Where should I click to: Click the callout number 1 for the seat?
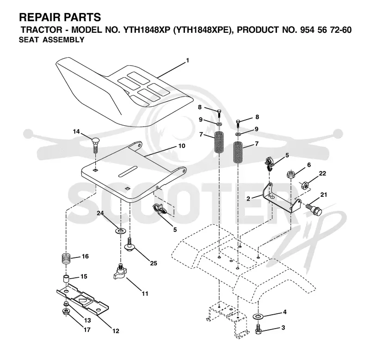[x=188, y=61]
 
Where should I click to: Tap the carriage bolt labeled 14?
[x=95, y=145]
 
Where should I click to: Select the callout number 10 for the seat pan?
[x=182, y=146]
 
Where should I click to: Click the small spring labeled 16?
[x=66, y=259]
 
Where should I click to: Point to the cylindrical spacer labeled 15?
[x=66, y=279]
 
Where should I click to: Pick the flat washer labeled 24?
[x=121, y=231]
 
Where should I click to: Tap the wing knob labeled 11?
[x=120, y=272]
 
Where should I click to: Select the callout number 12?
[x=116, y=331]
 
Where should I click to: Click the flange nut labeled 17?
[x=65, y=312]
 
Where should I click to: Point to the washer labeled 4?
[x=258, y=316]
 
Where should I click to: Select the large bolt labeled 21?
[x=314, y=209]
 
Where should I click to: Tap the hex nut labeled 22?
[x=305, y=185]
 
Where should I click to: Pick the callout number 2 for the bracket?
[x=248, y=199]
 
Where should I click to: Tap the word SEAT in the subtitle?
[x=29, y=40]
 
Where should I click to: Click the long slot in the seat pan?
[x=128, y=171]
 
